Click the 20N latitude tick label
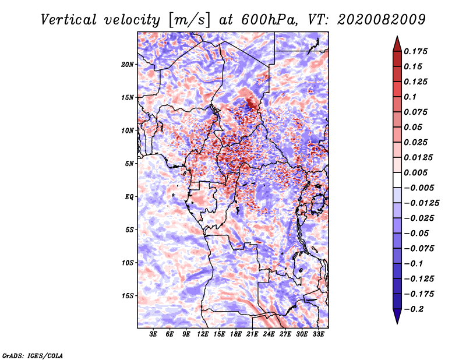pos(128,65)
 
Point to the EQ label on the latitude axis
pos(129,197)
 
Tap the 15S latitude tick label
pos(128,296)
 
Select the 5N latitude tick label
pos(129,164)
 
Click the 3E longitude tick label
pos(153,334)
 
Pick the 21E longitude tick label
pos(252,334)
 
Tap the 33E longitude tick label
pos(318,334)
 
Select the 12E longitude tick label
pos(203,334)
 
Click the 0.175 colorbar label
pos(416,51)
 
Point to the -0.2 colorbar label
pos(414,309)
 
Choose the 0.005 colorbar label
pos(416,172)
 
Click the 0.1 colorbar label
pos(410,97)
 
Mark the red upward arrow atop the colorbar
pos(397,44)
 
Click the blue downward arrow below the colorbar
pos(397,316)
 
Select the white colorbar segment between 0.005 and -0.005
pos(397,180)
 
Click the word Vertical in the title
pos(69,20)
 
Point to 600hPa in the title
pos(269,20)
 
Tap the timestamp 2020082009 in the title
pos(382,20)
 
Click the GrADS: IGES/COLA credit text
pos(33,355)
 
